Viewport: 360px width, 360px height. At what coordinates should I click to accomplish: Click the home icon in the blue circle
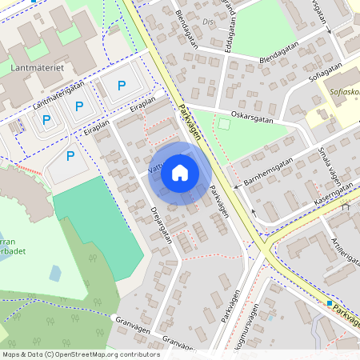click(x=180, y=172)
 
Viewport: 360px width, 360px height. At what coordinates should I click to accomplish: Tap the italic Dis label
click(x=209, y=22)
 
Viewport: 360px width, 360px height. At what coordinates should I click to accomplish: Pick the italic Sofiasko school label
click(x=344, y=92)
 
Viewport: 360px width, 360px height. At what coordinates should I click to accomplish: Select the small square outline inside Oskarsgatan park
click(x=224, y=124)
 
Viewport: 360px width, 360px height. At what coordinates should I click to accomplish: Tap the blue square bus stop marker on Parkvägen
click(x=329, y=303)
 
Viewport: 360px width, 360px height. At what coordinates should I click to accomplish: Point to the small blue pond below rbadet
click(x=54, y=273)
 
